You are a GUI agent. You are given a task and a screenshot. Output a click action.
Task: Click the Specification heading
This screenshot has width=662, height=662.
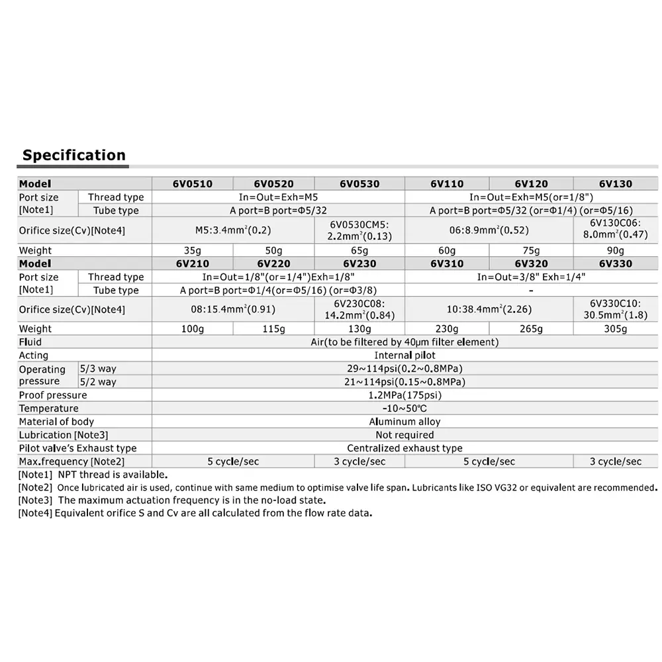pos(73,156)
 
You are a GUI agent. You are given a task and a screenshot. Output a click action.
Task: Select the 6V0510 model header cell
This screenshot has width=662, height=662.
pos(192,184)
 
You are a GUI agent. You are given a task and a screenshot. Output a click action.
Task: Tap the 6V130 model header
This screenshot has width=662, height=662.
pos(615,184)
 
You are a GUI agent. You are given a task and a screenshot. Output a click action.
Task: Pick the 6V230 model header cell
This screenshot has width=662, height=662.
pos(359,263)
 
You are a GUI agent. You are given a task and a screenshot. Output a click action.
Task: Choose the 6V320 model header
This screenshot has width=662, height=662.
pos(531,263)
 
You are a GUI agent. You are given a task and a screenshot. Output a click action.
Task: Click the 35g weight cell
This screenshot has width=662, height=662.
pos(192,250)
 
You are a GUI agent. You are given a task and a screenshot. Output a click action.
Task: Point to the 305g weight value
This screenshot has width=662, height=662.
pos(615,329)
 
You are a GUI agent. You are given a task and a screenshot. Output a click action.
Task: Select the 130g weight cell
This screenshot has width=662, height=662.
pos(359,329)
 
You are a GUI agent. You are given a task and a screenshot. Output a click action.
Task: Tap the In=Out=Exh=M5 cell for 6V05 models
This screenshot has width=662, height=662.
pos(278,197)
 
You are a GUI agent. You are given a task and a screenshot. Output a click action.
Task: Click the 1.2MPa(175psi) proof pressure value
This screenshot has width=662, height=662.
pos(404,395)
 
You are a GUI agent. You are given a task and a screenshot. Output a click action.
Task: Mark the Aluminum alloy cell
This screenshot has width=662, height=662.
pos(404,422)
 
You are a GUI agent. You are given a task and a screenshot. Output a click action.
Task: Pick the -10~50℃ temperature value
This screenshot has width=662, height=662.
pos(404,408)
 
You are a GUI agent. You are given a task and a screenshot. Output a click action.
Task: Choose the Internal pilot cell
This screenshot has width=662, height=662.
pos(404,355)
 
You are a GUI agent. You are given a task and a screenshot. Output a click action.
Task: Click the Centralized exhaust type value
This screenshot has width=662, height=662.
pos(404,448)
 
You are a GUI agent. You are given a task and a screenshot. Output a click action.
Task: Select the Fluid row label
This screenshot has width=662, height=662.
pos(30,342)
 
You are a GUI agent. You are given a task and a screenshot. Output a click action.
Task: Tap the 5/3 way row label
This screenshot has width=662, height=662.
pos(98,369)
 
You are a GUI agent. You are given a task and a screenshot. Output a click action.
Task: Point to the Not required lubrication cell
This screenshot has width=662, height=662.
pos(404,435)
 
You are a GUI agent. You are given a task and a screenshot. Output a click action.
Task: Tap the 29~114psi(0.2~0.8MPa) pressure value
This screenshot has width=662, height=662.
pos(404,369)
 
